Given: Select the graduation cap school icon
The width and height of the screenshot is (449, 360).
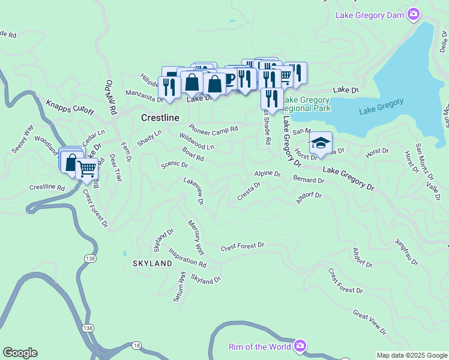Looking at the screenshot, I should (x=321, y=143).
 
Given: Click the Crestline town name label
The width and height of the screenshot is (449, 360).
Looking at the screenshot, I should (x=160, y=118).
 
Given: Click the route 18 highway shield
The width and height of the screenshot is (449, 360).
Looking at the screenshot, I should (x=137, y=345).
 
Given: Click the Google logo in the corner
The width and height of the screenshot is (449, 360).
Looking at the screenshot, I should (x=20, y=353).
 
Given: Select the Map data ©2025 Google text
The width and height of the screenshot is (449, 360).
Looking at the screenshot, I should (x=411, y=355).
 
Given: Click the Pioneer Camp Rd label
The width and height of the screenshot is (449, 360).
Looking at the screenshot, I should (x=213, y=128).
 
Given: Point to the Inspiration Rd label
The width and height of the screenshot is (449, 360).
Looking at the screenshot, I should (x=187, y=258).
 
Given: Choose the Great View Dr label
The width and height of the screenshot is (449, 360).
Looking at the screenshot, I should (x=369, y=322).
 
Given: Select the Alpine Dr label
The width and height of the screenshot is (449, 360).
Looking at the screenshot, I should (x=267, y=173).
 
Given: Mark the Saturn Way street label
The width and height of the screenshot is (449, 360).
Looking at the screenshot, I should (x=179, y=287).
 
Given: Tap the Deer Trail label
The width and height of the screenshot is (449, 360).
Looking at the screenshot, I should (x=115, y=167).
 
